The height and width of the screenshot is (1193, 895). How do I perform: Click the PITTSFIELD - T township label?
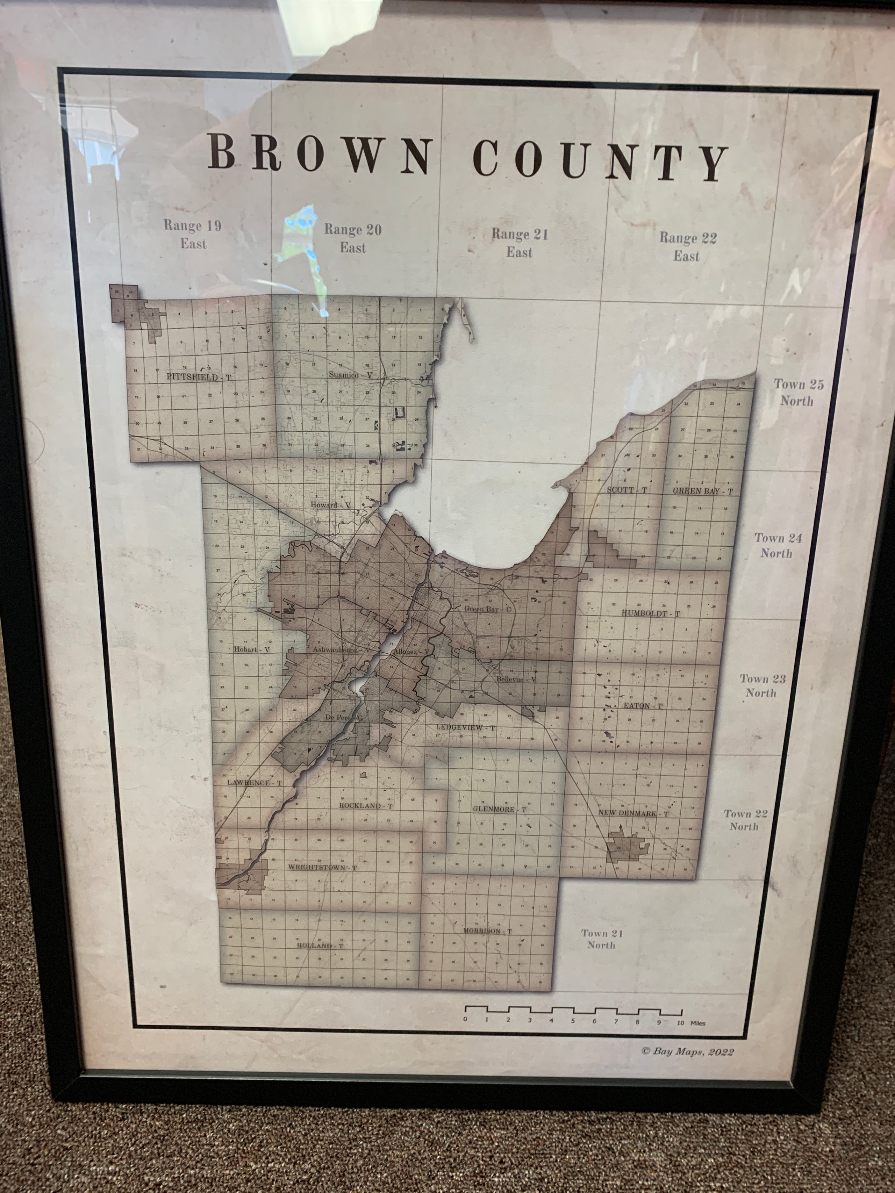click(x=199, y=377)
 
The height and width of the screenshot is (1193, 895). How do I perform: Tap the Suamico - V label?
click(x=350, y=374)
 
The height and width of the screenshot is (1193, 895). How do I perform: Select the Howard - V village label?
click(x=331, y=505)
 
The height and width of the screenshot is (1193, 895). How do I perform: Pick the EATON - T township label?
click(x=643, y=705)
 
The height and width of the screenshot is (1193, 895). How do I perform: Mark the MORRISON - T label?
click(x=487, y=931)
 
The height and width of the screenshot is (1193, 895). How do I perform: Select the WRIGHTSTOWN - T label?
click(x=322, y=867)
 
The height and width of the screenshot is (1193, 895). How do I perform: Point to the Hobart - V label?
click(x=251, y=649)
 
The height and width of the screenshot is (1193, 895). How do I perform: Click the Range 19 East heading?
click(x=193, y=235)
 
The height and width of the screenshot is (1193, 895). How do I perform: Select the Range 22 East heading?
click(x=687, y=246)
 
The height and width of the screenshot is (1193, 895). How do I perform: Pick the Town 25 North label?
click(x=799, y=392)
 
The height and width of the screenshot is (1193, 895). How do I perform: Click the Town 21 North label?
click(x=602, y=939)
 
